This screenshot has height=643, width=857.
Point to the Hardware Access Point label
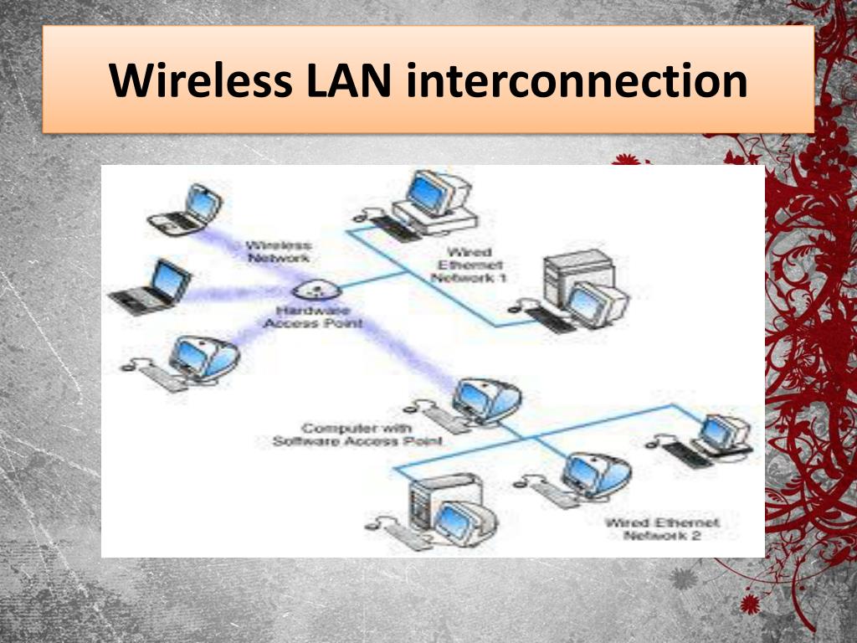point(314,316)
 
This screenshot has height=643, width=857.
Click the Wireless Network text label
point(280,252)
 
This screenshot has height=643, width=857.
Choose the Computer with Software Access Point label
point(357,435)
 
